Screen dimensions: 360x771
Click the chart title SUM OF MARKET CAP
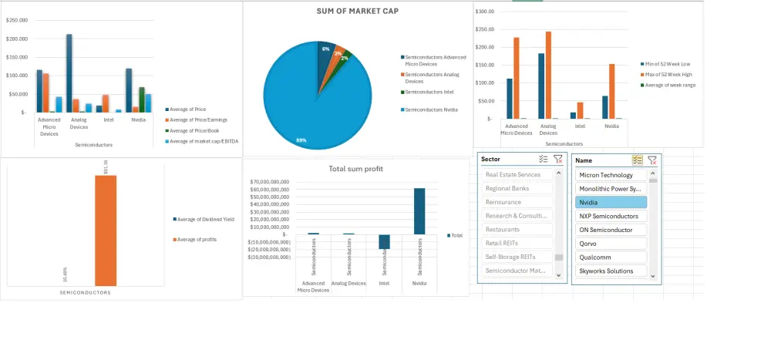[358, 11]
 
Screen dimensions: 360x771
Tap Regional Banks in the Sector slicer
[517, 188]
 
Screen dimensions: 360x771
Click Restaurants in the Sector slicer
[517, 230]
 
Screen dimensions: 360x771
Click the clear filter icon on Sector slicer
[558, 160]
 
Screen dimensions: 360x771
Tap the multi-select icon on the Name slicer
[637, 160]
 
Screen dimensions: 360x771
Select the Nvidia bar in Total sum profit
[419, 211]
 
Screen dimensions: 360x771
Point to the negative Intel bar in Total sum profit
[385, 241]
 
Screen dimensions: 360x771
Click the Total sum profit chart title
[355, 169]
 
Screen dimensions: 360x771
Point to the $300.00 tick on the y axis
[485, 12]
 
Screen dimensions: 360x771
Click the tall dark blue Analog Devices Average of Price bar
[69, 73]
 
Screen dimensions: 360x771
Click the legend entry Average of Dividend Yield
[202, 219]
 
